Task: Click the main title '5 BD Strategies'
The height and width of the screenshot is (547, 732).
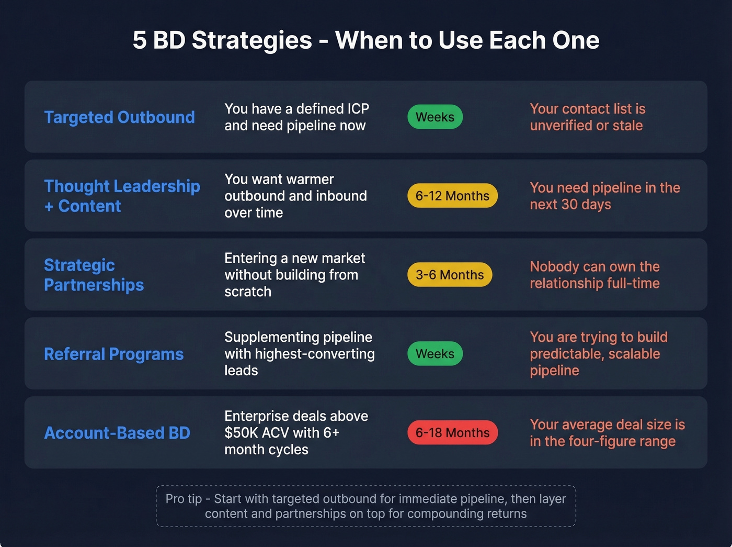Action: [222, 40]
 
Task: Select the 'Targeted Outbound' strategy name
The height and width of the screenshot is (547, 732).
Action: [119, 117]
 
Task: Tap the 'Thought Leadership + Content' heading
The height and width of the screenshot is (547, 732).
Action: [121, 196]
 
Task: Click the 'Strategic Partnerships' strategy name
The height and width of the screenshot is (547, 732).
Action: [94, 275]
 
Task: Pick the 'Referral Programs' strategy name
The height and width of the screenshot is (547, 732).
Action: [114, 354]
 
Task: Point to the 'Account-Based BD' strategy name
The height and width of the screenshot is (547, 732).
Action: [117, 433]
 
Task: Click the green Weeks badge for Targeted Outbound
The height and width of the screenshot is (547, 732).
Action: [435, 117]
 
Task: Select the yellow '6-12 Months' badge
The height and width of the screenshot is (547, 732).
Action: [452, 196]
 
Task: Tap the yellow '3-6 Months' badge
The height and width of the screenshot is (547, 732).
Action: [450, 275]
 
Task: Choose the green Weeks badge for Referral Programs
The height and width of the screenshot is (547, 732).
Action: [435, 354]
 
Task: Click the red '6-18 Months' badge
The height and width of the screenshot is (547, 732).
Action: [452, 433]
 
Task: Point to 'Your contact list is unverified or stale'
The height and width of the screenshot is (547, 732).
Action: [587, 117]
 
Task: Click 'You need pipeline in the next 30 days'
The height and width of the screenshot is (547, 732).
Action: [604, 196]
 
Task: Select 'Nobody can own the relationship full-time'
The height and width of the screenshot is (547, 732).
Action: [594, 275]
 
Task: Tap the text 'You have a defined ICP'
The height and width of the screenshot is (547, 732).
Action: [296, 109]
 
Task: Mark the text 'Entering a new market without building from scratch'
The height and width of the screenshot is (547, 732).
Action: [294, 275]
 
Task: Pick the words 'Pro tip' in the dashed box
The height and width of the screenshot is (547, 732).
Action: [184, 499]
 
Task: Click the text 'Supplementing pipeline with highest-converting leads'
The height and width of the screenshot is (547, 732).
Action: [299, 354]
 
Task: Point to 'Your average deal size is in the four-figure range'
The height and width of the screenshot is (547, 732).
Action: [607, 433]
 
